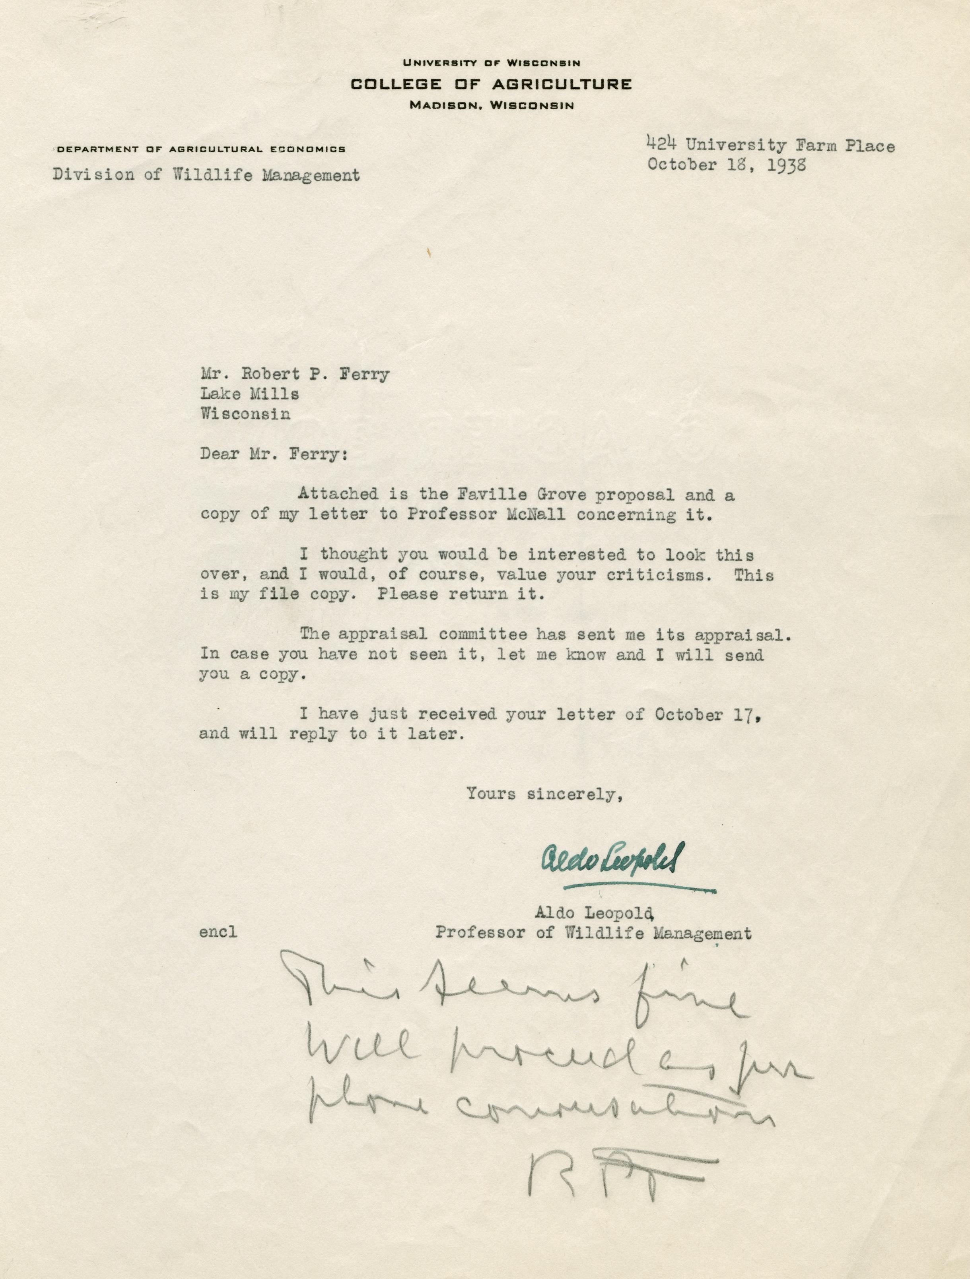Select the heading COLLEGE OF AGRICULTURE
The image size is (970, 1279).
pos(491,84)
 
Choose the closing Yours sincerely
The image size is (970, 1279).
pos(544,794)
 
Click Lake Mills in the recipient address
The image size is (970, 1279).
pos(249,394)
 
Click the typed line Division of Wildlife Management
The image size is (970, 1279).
pos(206,175)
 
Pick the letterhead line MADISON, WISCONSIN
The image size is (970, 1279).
pos(491,106)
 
